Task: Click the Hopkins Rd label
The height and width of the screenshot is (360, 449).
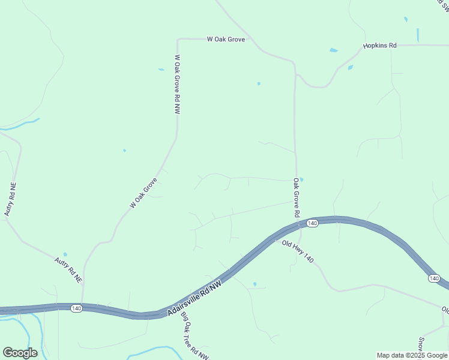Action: [x=380, y=46]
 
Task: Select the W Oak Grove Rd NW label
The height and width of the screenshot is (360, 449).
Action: [x=177, y=85]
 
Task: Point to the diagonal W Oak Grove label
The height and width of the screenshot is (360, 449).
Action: [x=143, y=193]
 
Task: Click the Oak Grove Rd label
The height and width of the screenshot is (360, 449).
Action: [x=296, y=197]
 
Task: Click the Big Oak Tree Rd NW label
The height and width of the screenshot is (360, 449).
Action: [x=194, y=336]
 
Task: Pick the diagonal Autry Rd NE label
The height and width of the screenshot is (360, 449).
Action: [x=68, y=270]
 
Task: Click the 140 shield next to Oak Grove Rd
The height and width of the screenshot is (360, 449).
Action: [x=312, y=223]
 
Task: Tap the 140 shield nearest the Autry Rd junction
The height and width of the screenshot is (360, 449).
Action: [x=76, y=308]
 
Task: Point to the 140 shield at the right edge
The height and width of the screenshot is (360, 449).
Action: [x=435, y=278]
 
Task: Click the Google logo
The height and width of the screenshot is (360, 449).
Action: [x=20, y=353]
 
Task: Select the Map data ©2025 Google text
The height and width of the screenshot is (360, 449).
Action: [x=412, y=355]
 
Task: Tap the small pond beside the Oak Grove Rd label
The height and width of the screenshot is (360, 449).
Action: [x=301, y=179]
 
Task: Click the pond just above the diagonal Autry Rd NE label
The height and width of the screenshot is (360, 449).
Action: [x=65, y=254]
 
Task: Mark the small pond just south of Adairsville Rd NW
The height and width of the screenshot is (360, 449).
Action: [x=255, y=284]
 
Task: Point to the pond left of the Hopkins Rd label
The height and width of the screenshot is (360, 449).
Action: [x=333, y=50]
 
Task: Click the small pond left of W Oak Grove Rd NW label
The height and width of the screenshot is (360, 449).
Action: [x=161, y=70]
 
